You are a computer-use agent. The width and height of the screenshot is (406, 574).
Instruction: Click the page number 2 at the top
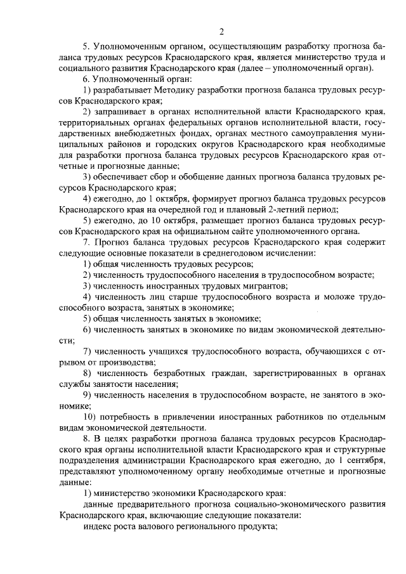(x=221, y=32)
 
